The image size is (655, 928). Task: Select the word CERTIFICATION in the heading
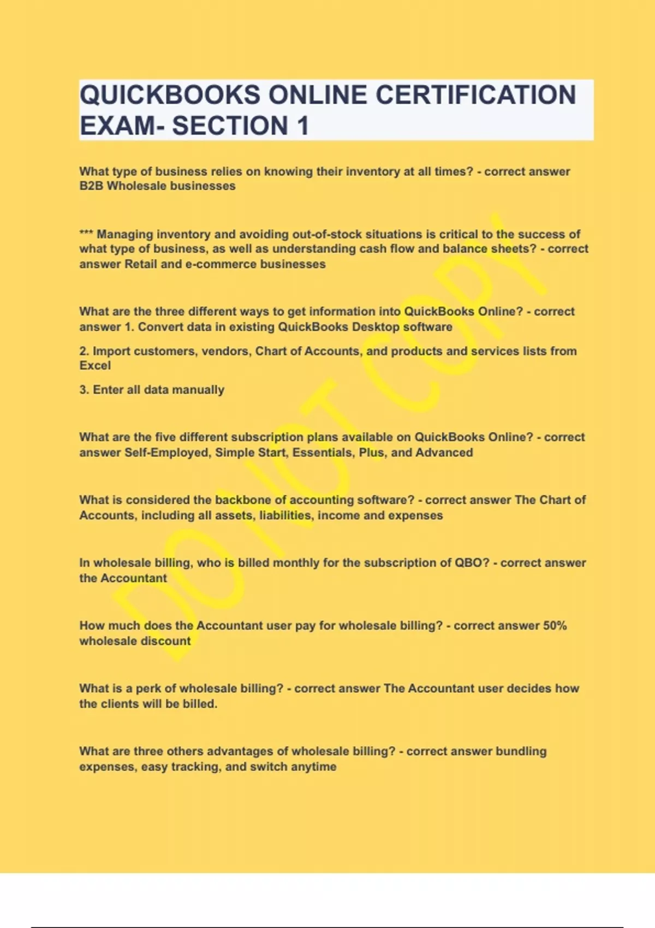click(x=475, y=95)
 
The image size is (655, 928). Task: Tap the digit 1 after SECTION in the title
click(x=303, y=126)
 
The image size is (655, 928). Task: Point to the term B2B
click(x=91, y=186)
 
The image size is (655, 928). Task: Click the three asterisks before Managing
click(x=86, y=234)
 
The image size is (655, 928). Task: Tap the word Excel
click(x=95, y=366)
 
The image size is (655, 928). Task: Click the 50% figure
click(x=555, y=626)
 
